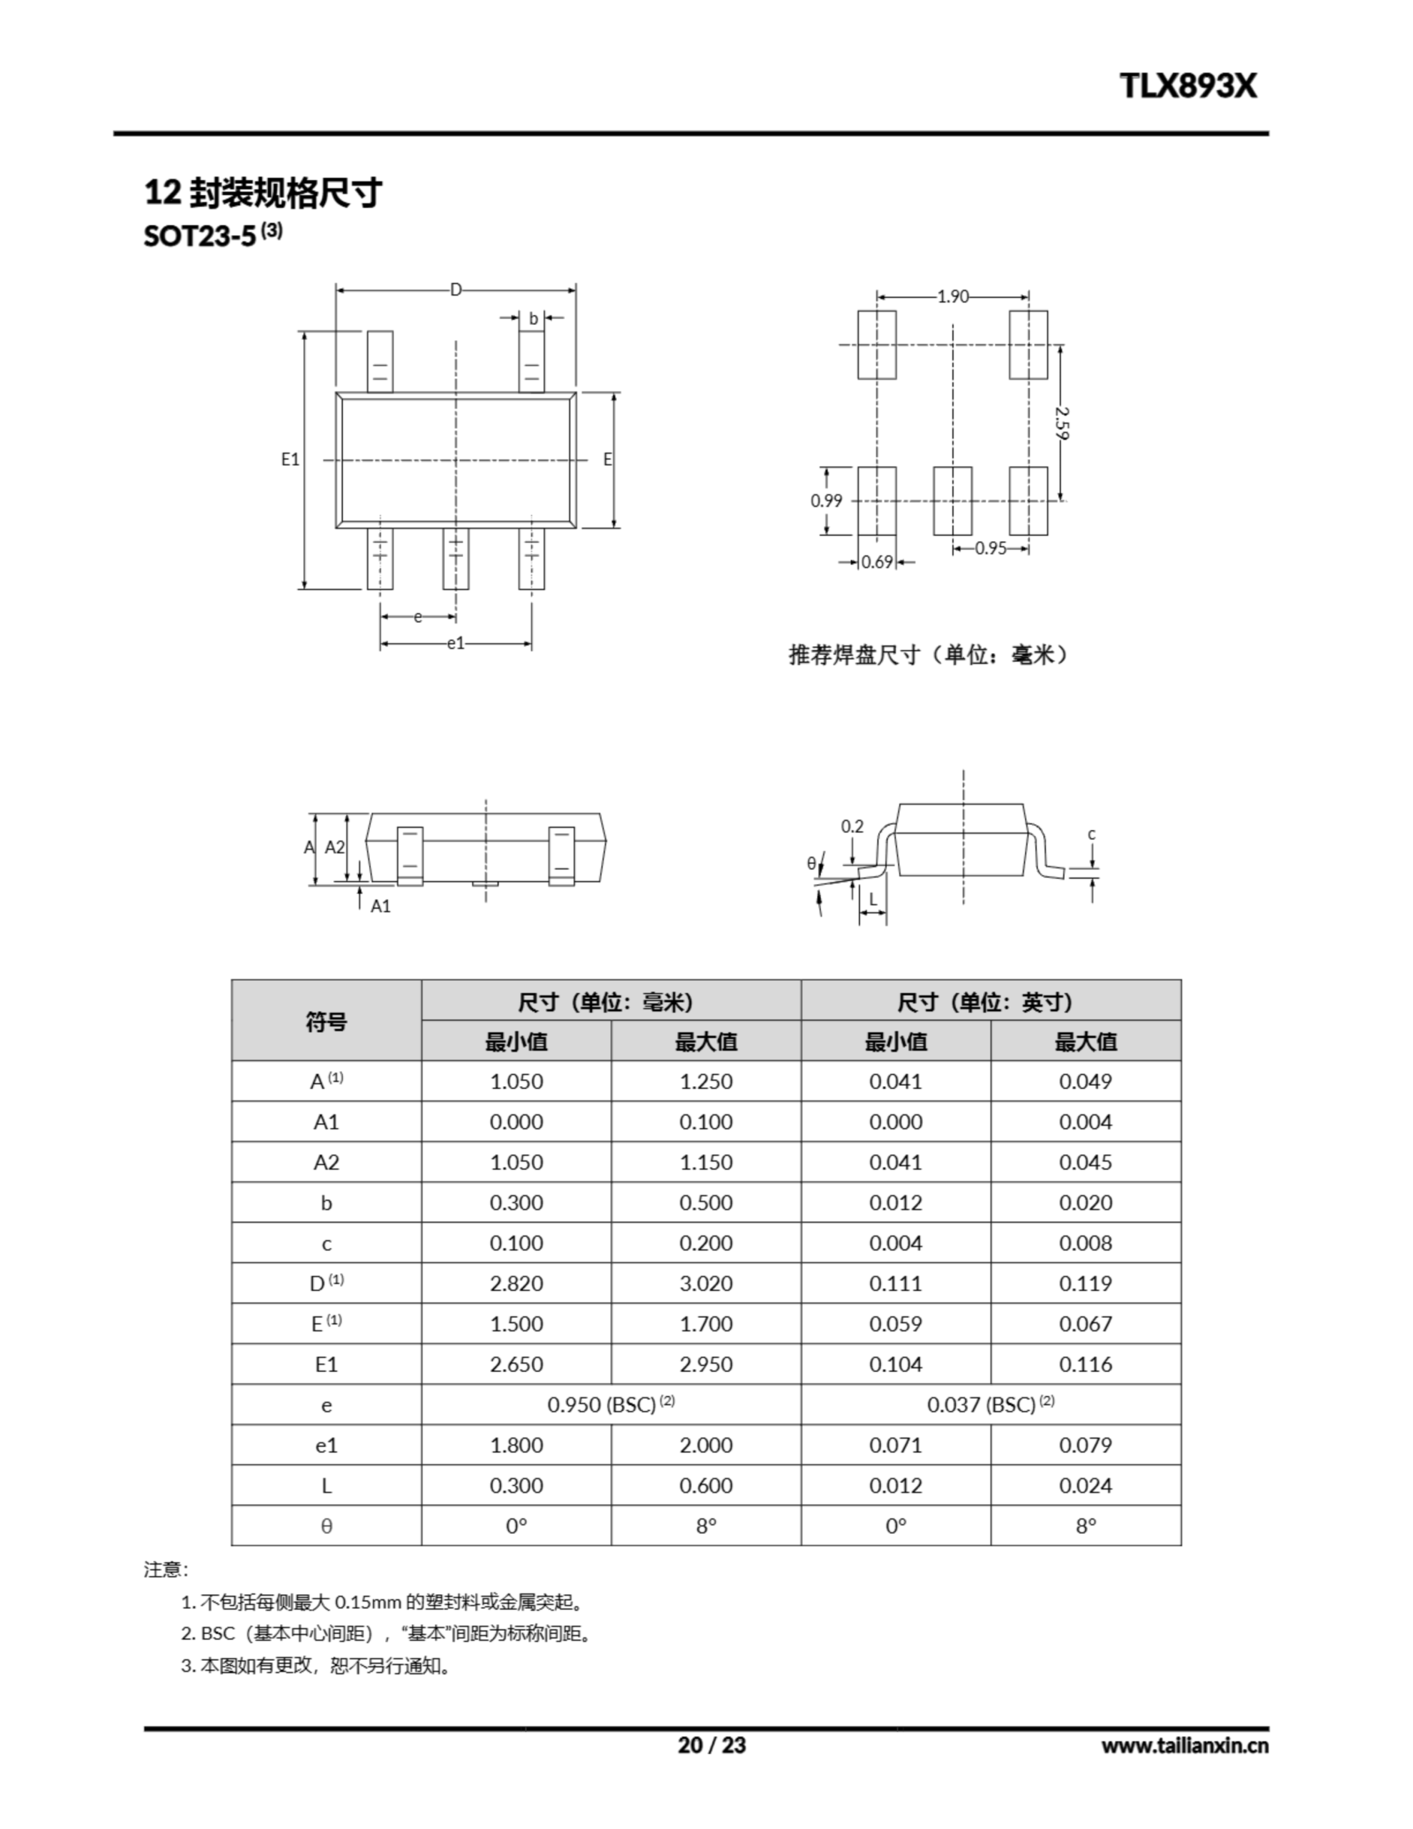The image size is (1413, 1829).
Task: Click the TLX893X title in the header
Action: click(x=1188, y=86)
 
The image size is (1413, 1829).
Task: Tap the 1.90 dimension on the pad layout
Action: click(x=952, y=296)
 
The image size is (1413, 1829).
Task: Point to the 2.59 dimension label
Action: click(x=1062, y=423)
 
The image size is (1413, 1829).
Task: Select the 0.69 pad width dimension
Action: click(x=877, y=562)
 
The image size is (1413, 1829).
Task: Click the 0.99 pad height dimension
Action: click(x=826, y=501)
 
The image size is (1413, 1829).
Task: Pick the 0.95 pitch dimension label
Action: click(x=991, y=549)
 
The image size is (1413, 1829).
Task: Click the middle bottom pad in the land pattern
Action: click(x=952, y=501)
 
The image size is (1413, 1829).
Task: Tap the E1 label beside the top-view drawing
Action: click(x=290, y=459)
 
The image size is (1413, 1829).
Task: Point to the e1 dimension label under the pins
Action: click(x=455, y=643)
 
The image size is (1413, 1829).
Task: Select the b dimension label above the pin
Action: click(x=533, y=318)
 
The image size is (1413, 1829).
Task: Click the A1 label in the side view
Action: click(x=380, y=906)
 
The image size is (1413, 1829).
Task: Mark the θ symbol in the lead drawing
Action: click(x=811, y=862)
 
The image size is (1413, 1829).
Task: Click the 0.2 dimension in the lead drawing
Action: click(x=852, y=827)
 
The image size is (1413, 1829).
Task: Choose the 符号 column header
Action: click(x=326, y=1021)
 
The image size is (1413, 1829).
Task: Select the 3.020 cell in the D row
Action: click(x=705, y=1283)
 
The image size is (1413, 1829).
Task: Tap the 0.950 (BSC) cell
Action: click(x=611, y=1405)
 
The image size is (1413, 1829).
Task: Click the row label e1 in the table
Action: click(x=326, y=1445)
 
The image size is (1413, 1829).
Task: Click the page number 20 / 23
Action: click(x=711, y=1745)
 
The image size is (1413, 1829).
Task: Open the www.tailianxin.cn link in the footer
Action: click(x=1184, y=1746)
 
